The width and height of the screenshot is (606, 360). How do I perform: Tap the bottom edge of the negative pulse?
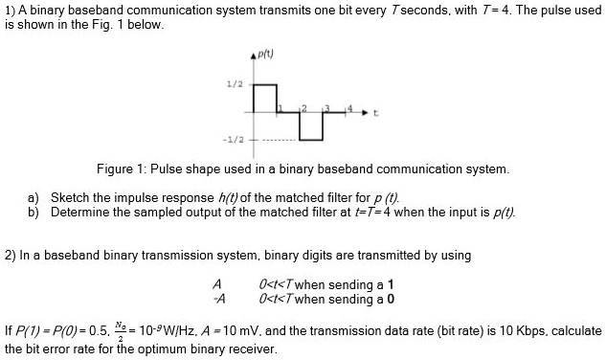(x=310, y=140)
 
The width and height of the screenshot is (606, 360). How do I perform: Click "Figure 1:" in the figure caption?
(x=122, y=169)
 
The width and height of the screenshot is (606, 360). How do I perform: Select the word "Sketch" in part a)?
(x=70, y=196)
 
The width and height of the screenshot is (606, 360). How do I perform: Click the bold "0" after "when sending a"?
(x=392, y=299)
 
